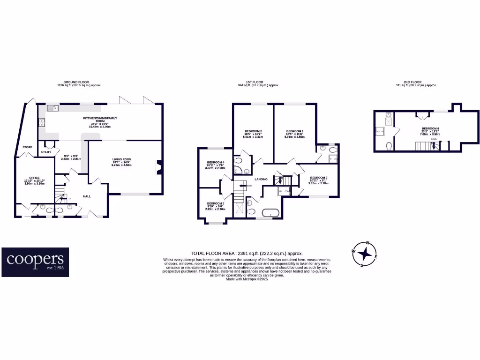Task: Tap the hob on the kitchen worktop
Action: coord(42,123)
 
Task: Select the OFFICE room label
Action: coord(34,178)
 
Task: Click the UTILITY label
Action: coord(46,152)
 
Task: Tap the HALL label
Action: coord(87,196)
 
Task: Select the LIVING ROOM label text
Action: coord(121,159)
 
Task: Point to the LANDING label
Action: coord(261,179)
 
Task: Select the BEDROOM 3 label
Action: coord(318,178)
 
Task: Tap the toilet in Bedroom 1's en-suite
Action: coord(332,150)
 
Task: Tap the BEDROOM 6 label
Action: coord(430,128)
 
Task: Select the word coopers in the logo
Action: coord(35,259)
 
